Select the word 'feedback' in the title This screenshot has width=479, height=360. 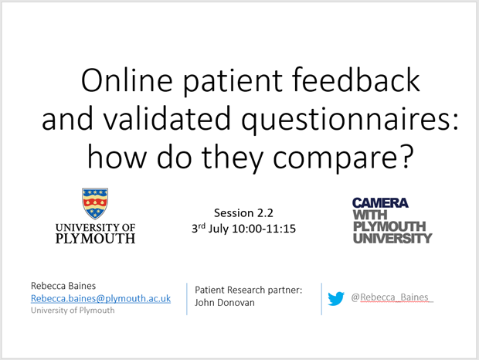tap(356, 80)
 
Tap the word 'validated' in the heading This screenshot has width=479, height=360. tap(166, 118)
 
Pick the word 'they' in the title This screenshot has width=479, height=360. tap(233, 158)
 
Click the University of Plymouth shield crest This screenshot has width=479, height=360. tap(95, 203)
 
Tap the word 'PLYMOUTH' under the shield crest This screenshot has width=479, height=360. tap(95, 239)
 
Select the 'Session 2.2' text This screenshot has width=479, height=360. tap(243, 212)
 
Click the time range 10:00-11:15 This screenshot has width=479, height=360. tap(264, 229)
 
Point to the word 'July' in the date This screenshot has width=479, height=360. tap(218, 229)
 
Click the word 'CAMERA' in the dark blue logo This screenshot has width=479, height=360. tap(380, 202)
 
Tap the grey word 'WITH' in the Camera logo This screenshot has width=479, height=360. tap(370, 215)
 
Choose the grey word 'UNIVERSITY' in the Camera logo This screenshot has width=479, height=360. tap(392, 238)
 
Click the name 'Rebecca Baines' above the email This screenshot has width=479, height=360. tap(63, 286)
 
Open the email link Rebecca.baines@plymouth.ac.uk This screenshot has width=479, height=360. tap(100, 298)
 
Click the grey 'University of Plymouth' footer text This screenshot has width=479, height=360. tap(73, 311)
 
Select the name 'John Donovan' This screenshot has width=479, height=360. tap(225, 303)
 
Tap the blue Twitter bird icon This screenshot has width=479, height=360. tap(336, 298)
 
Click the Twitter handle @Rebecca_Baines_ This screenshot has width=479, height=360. tap(392, 297)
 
